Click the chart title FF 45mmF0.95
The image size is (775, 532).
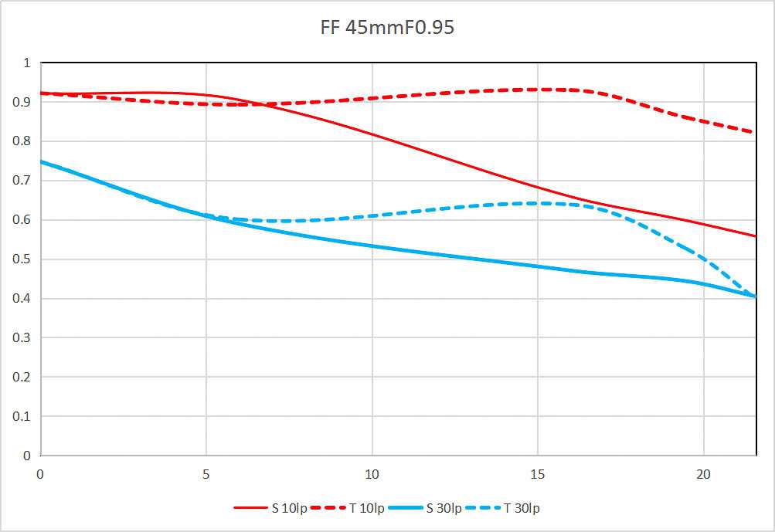[387, 29]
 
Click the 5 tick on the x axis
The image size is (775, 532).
[206, 473]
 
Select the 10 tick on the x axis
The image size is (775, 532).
[372, 473]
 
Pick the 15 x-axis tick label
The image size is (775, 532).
[538, 473]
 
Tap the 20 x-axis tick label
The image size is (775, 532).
[703, 473]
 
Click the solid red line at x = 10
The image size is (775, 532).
[372, 134]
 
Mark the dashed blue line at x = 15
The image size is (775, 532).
[538, 203]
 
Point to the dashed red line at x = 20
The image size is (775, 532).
[703, 120]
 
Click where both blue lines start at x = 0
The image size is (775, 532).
[41, 161]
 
